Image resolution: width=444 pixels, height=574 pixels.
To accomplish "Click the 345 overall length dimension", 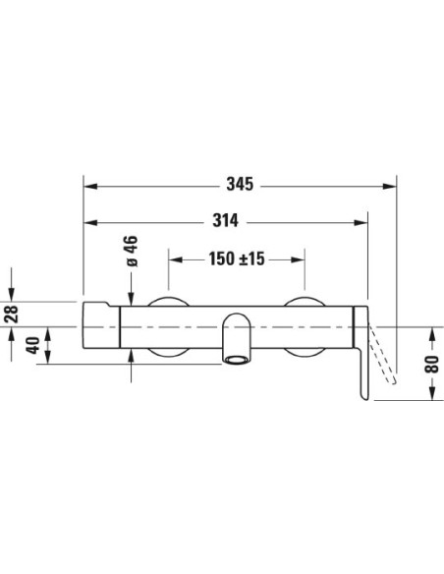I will pyautogui.click(x=240, y=184).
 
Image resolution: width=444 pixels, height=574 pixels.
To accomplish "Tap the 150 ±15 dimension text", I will pyautogui.click(x=236, y=259).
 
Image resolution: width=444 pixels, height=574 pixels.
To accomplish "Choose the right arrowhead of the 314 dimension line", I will pyautogui.click(x=361, y=221).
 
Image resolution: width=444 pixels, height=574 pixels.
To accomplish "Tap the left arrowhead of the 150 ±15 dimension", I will pyautogui.click(x=175, y=259).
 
